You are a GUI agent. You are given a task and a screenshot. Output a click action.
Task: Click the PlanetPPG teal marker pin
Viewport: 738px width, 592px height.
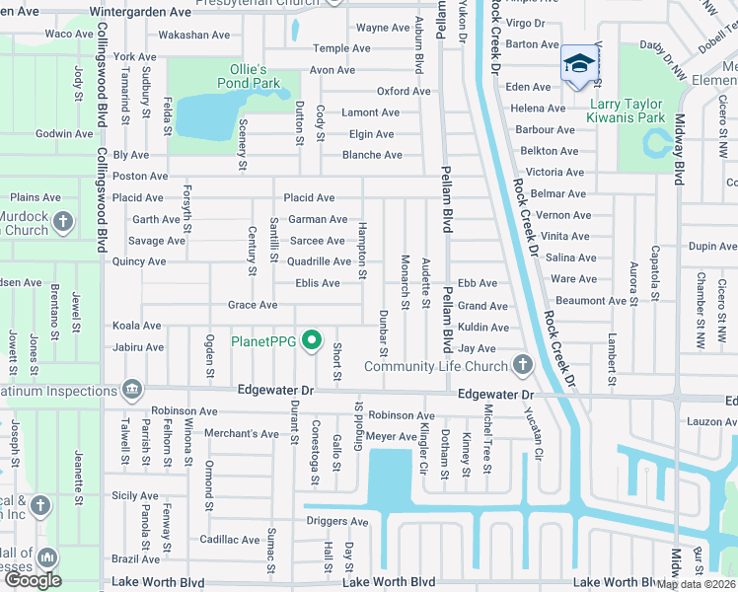click(x=312, y=342)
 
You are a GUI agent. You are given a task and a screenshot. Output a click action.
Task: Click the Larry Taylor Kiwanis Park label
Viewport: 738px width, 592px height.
click(x=641, y=111)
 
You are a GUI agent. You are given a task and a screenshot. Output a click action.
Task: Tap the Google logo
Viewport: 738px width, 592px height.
click(x=32, y=580)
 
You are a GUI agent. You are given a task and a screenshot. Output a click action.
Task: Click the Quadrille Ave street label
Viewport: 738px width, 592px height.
click(x=319, y=261)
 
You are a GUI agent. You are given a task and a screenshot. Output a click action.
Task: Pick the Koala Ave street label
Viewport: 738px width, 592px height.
click(x=137, y=326)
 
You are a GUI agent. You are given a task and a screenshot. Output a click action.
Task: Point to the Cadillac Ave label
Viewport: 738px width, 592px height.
click(x=229, y=540)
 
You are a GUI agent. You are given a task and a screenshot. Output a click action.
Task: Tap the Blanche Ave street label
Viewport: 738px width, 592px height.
click(x=372, y=155)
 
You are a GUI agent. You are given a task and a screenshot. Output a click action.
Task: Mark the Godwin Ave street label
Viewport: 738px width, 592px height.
click(x=63, y=134)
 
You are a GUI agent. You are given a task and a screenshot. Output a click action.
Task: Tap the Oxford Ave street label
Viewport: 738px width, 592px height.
click(x=404, y=92)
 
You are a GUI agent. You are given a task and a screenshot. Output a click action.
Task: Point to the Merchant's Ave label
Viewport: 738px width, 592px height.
click(x=242, y=433)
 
